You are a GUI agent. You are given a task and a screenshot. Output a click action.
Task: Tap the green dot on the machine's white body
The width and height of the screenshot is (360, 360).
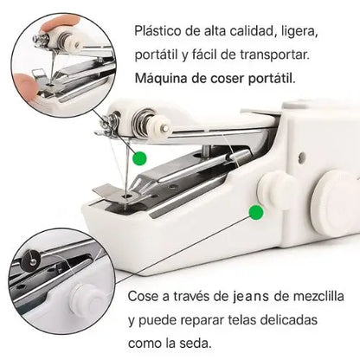(255, 212)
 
